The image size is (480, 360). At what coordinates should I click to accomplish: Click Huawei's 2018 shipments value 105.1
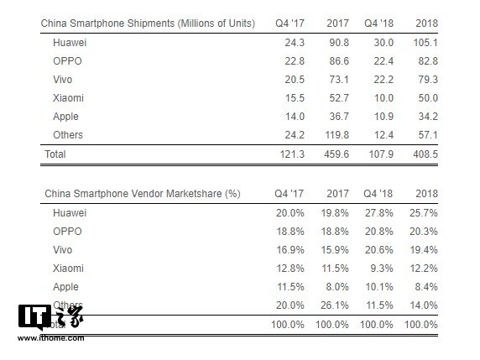[x=425, y=40]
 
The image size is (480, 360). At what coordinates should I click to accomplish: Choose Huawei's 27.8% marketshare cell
[x=378, y=212]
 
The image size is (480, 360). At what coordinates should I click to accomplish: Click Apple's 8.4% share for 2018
[x=425, y=286]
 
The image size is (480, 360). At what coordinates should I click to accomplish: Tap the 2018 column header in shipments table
[x=426, y=22]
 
